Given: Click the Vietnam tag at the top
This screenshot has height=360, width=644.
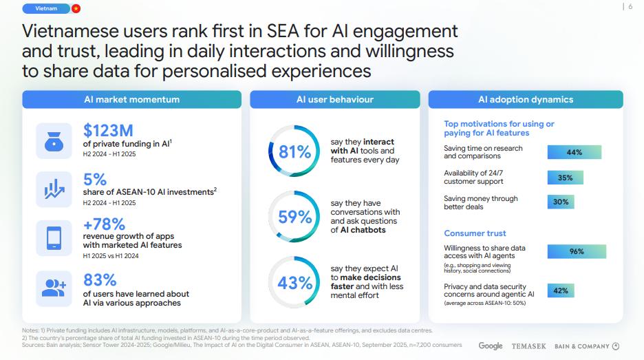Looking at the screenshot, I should click(45, 8).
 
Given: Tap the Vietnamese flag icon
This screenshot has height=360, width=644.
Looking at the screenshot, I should click(76, 8).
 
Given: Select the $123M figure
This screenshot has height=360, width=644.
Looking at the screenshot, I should click(108, 130).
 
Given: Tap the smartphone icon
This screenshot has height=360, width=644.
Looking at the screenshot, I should click(54, 237).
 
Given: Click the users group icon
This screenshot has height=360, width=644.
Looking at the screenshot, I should click(54, 288).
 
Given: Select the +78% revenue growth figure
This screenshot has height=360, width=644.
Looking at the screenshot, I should click(104, 224).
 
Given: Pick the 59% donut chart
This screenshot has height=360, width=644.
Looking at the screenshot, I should click(294, 218).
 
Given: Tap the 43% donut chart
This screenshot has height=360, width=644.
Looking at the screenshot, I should click(294, 282).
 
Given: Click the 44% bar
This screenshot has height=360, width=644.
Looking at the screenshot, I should click(574, 152).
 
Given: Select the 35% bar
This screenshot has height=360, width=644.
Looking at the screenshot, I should click(565, 178).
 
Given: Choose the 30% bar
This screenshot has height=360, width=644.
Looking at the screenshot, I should click(560, 202).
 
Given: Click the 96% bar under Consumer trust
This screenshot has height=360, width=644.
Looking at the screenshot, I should click(577, 252).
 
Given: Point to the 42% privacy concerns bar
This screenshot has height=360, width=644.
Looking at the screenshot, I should click(560, 290).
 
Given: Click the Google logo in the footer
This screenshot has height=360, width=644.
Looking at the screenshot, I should click(491, 346).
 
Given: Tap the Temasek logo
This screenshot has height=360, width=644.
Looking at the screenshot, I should click(528, 346).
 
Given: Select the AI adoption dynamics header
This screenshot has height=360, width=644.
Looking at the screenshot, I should click(526, 100).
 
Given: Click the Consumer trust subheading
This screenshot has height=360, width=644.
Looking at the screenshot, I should click(475, 233).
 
